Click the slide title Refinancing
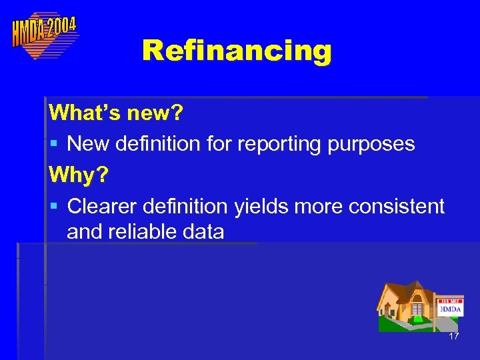(x=237, y=50)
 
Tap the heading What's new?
(x=115, y=113)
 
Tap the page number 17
(x=453, y=337)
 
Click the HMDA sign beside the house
(x=451, y=308)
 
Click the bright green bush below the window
(x=419, y=319)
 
